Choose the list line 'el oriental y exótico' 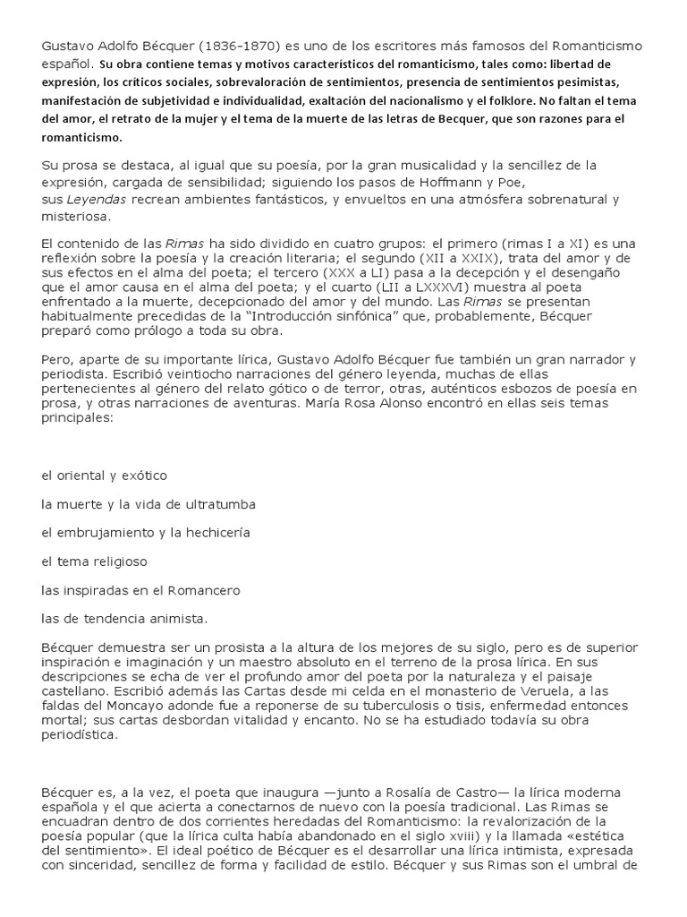click(104, 475)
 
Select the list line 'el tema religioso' click(94, 561)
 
